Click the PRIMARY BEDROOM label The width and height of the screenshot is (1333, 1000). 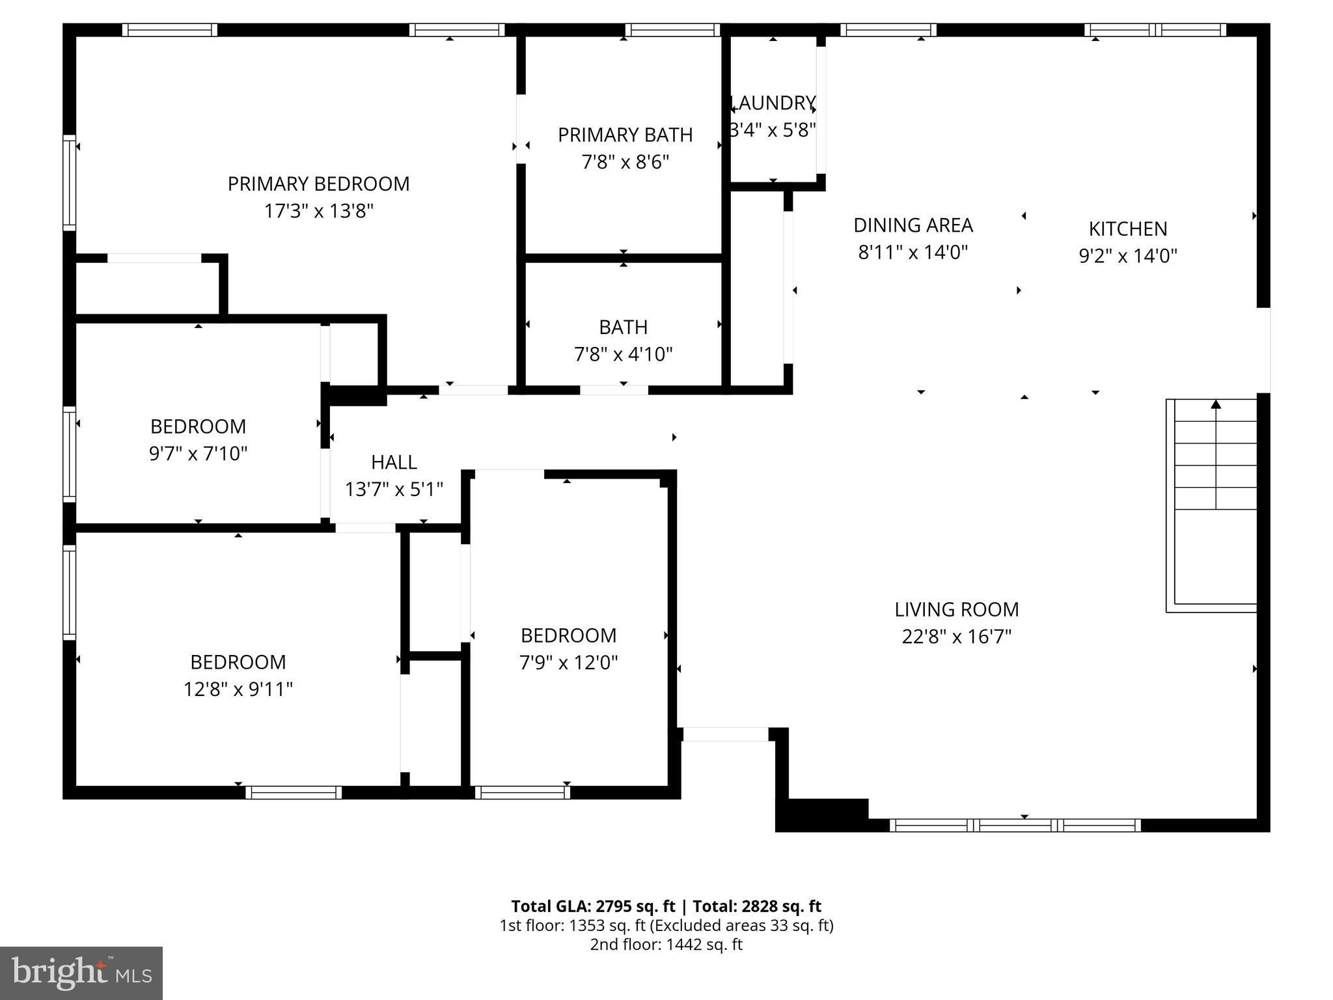318,184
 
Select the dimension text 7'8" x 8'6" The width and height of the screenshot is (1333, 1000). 625,162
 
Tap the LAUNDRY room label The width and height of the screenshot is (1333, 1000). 773,104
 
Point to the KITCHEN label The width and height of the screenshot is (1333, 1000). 1128,229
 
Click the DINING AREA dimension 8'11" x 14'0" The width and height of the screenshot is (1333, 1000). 913,253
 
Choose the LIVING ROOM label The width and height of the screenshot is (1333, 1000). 956,610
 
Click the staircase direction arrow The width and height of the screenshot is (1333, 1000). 1216,405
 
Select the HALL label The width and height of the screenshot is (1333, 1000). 394,462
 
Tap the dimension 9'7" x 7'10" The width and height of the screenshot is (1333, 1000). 198,454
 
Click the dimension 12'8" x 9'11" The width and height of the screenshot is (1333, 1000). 238,689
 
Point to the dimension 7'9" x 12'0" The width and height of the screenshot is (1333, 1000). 568,663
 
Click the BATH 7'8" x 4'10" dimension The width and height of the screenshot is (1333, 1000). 623,355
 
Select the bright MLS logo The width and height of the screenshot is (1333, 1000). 81,973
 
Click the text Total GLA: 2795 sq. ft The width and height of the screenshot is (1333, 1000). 593,906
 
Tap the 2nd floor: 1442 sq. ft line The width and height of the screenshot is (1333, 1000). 666,945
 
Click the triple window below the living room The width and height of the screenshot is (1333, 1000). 1015,826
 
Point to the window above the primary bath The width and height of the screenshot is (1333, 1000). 672,30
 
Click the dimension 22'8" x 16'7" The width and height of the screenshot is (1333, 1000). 956,637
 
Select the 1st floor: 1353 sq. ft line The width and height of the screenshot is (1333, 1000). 666,926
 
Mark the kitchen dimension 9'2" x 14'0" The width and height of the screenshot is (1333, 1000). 1128,257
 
